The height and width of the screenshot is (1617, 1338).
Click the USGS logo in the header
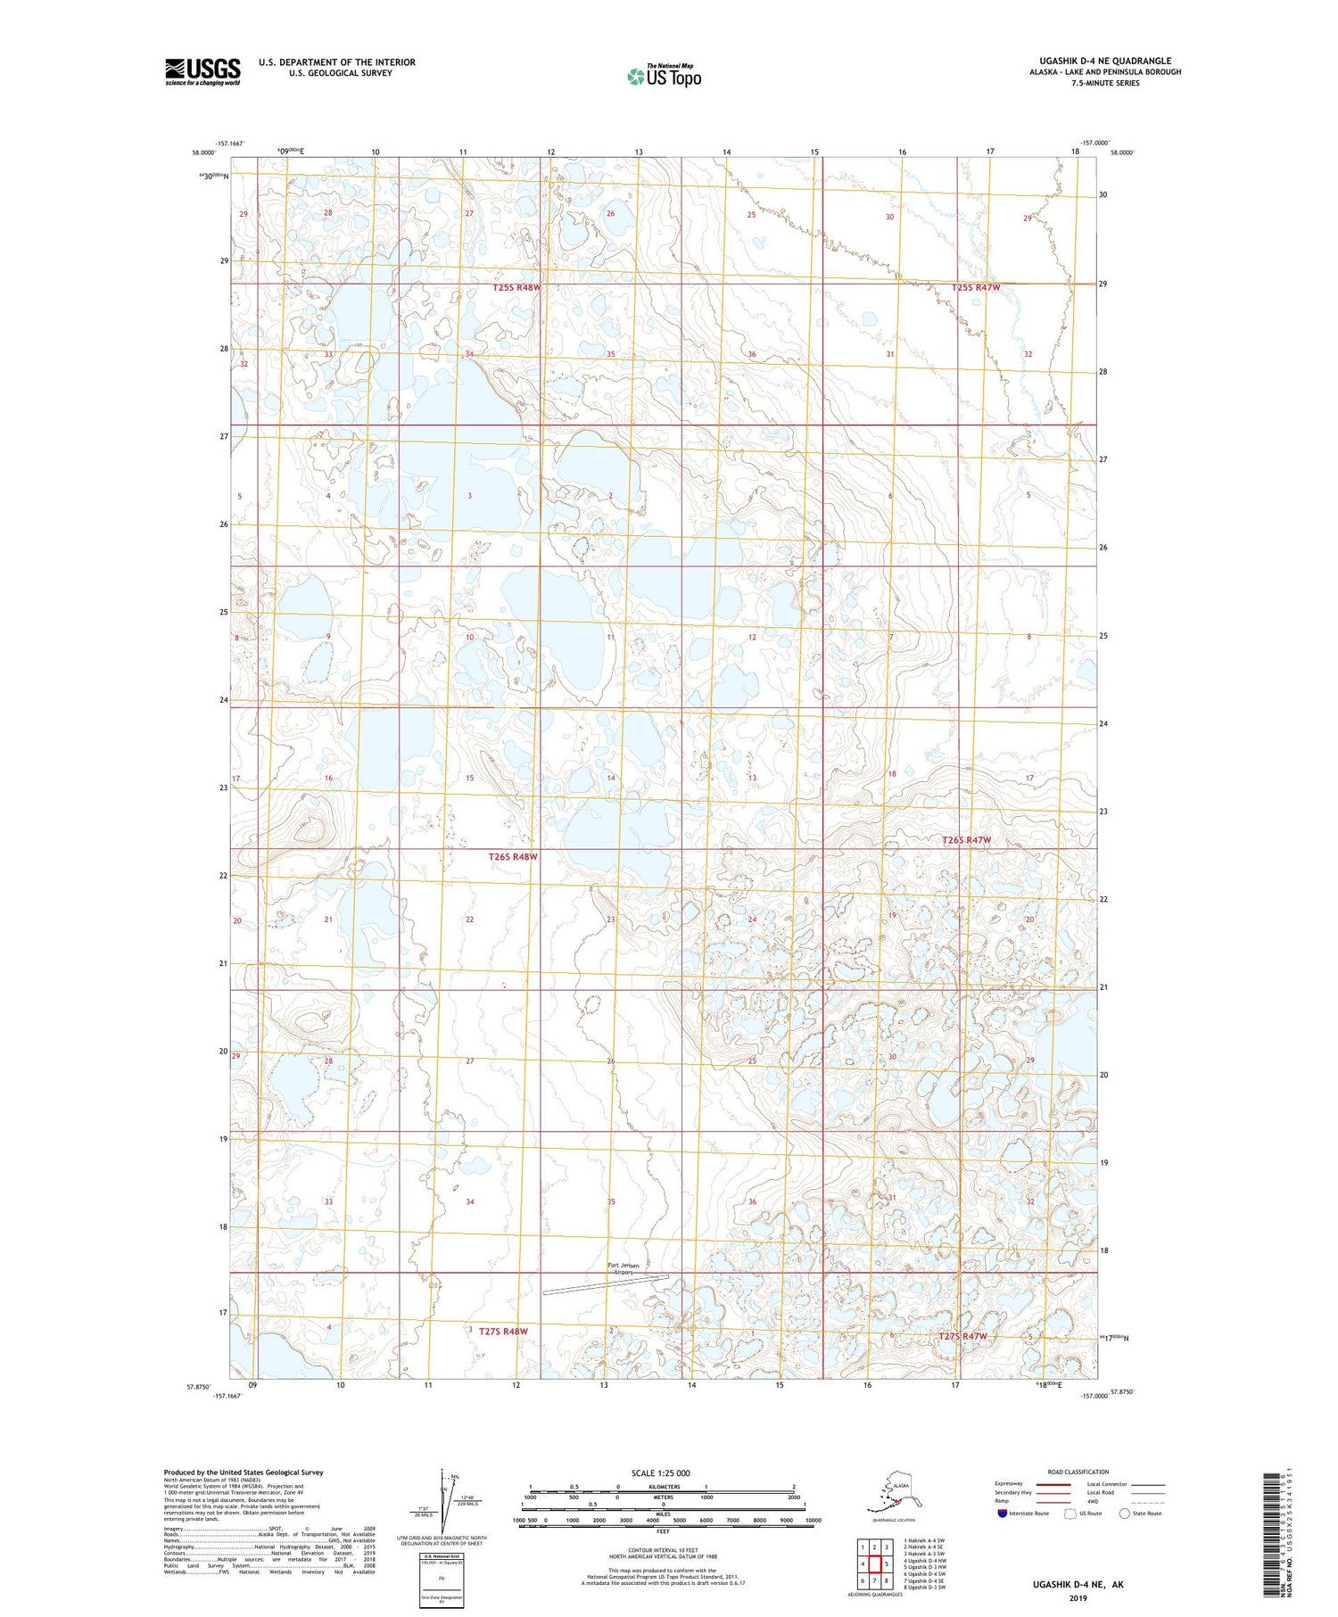click(x=202, y=71)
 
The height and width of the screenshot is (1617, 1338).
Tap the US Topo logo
click(x=664, y=76)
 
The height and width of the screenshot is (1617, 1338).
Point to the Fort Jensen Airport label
click(x=624, y=1268)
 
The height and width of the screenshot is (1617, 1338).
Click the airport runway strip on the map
click(x=606, y=1284)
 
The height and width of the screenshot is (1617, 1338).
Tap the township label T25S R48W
click(x=516, y=288)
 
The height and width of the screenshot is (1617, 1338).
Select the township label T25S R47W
click(x=975, y=288)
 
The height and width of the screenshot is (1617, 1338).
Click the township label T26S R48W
click(x=513, y=856)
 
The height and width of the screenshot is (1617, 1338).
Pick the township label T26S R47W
click(x=967, y=840)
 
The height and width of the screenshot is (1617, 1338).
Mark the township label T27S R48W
click(x=503, y=1332)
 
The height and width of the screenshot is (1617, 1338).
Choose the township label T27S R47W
click(x=962, y=1336)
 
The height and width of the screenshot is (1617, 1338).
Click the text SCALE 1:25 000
click(x=660, y=1473)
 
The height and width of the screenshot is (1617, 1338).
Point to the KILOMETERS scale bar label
click(x=663, y=1486)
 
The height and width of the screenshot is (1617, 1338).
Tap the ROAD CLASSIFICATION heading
click(x=1078, y=1472)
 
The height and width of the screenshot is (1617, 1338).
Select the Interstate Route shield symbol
click(x=1002, y=1514)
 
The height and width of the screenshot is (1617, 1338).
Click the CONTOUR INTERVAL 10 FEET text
click(x=663, y=1550)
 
